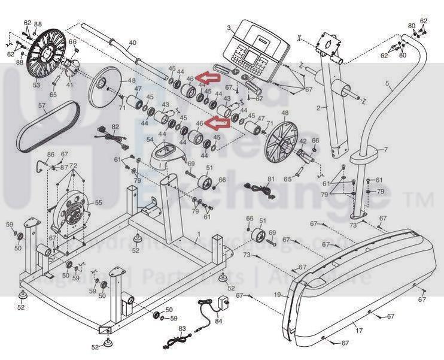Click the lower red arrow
(217, 123)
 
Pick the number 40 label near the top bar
(132, 43)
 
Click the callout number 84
(218, 321)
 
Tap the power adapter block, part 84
(226, 302)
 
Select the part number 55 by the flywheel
(98, 203)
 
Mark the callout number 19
(278, 295)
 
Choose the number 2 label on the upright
(318, 108)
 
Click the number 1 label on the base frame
(199, 232)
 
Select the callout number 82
(115, 127)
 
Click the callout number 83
(183, 328)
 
